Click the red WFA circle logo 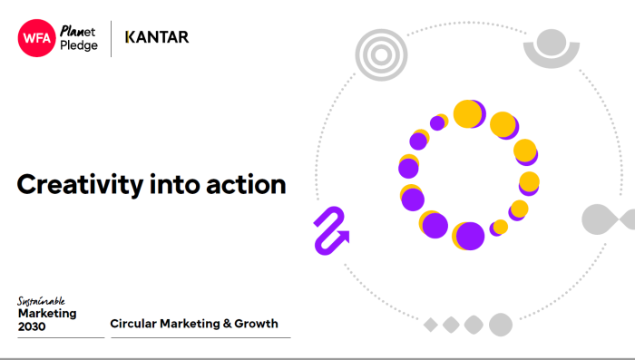(x=36, y=38)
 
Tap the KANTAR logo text (x=156, y=37)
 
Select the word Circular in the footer (x=132, y=324)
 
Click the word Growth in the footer (x=256, y=324)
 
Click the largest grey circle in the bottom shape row (x=500, y=324)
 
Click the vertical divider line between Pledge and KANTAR (x=112, y=38)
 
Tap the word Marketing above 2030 (x=47, y=313)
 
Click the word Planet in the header (x=77, y=30)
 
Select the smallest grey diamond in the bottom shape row (x=430, y=324)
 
